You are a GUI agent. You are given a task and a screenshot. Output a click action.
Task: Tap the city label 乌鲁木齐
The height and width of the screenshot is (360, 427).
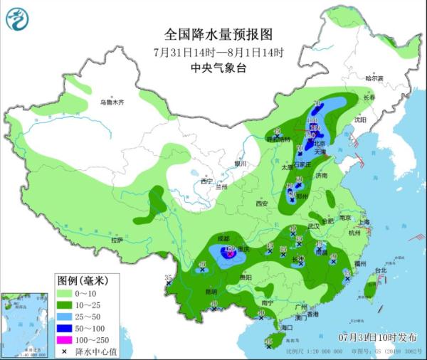pyautogui.click(x=112, y=102)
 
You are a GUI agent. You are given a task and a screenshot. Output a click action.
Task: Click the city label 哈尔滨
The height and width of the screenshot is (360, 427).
pyautogui.click(x=374, y=78)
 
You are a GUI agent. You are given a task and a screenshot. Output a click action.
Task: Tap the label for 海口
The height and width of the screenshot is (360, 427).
pyautogui.click(x=287, y=328)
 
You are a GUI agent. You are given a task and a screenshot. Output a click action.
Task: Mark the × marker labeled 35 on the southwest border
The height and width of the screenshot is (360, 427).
pyautogui.click(x=169, y=283)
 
